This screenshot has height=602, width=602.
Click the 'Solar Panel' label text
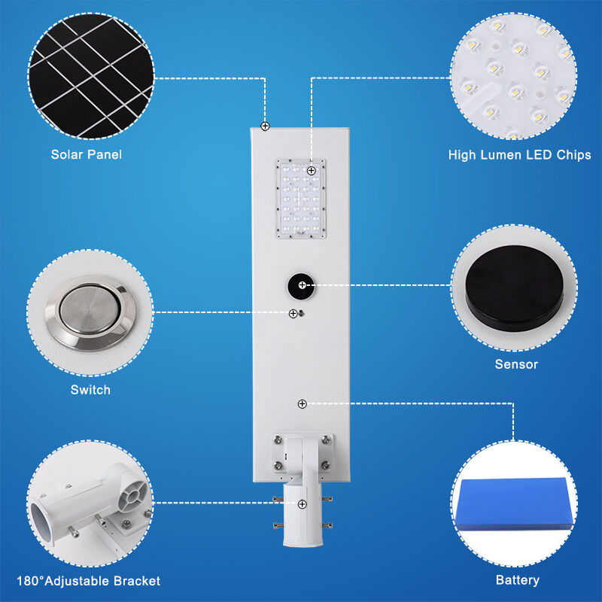click(x=87, y=155)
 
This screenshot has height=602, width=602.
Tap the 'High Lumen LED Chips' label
click(x=519, y=155)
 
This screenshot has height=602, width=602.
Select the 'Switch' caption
click(x=90, y=390)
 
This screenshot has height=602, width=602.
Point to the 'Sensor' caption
click(x=516, y=364)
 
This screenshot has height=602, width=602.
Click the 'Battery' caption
click(x=518, y=580)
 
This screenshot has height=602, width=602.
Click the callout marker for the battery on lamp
click(x=302, y=404)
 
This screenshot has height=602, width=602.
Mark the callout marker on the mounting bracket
click(x=302, y=503)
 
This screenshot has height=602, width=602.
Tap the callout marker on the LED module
click(x=311, y=172)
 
